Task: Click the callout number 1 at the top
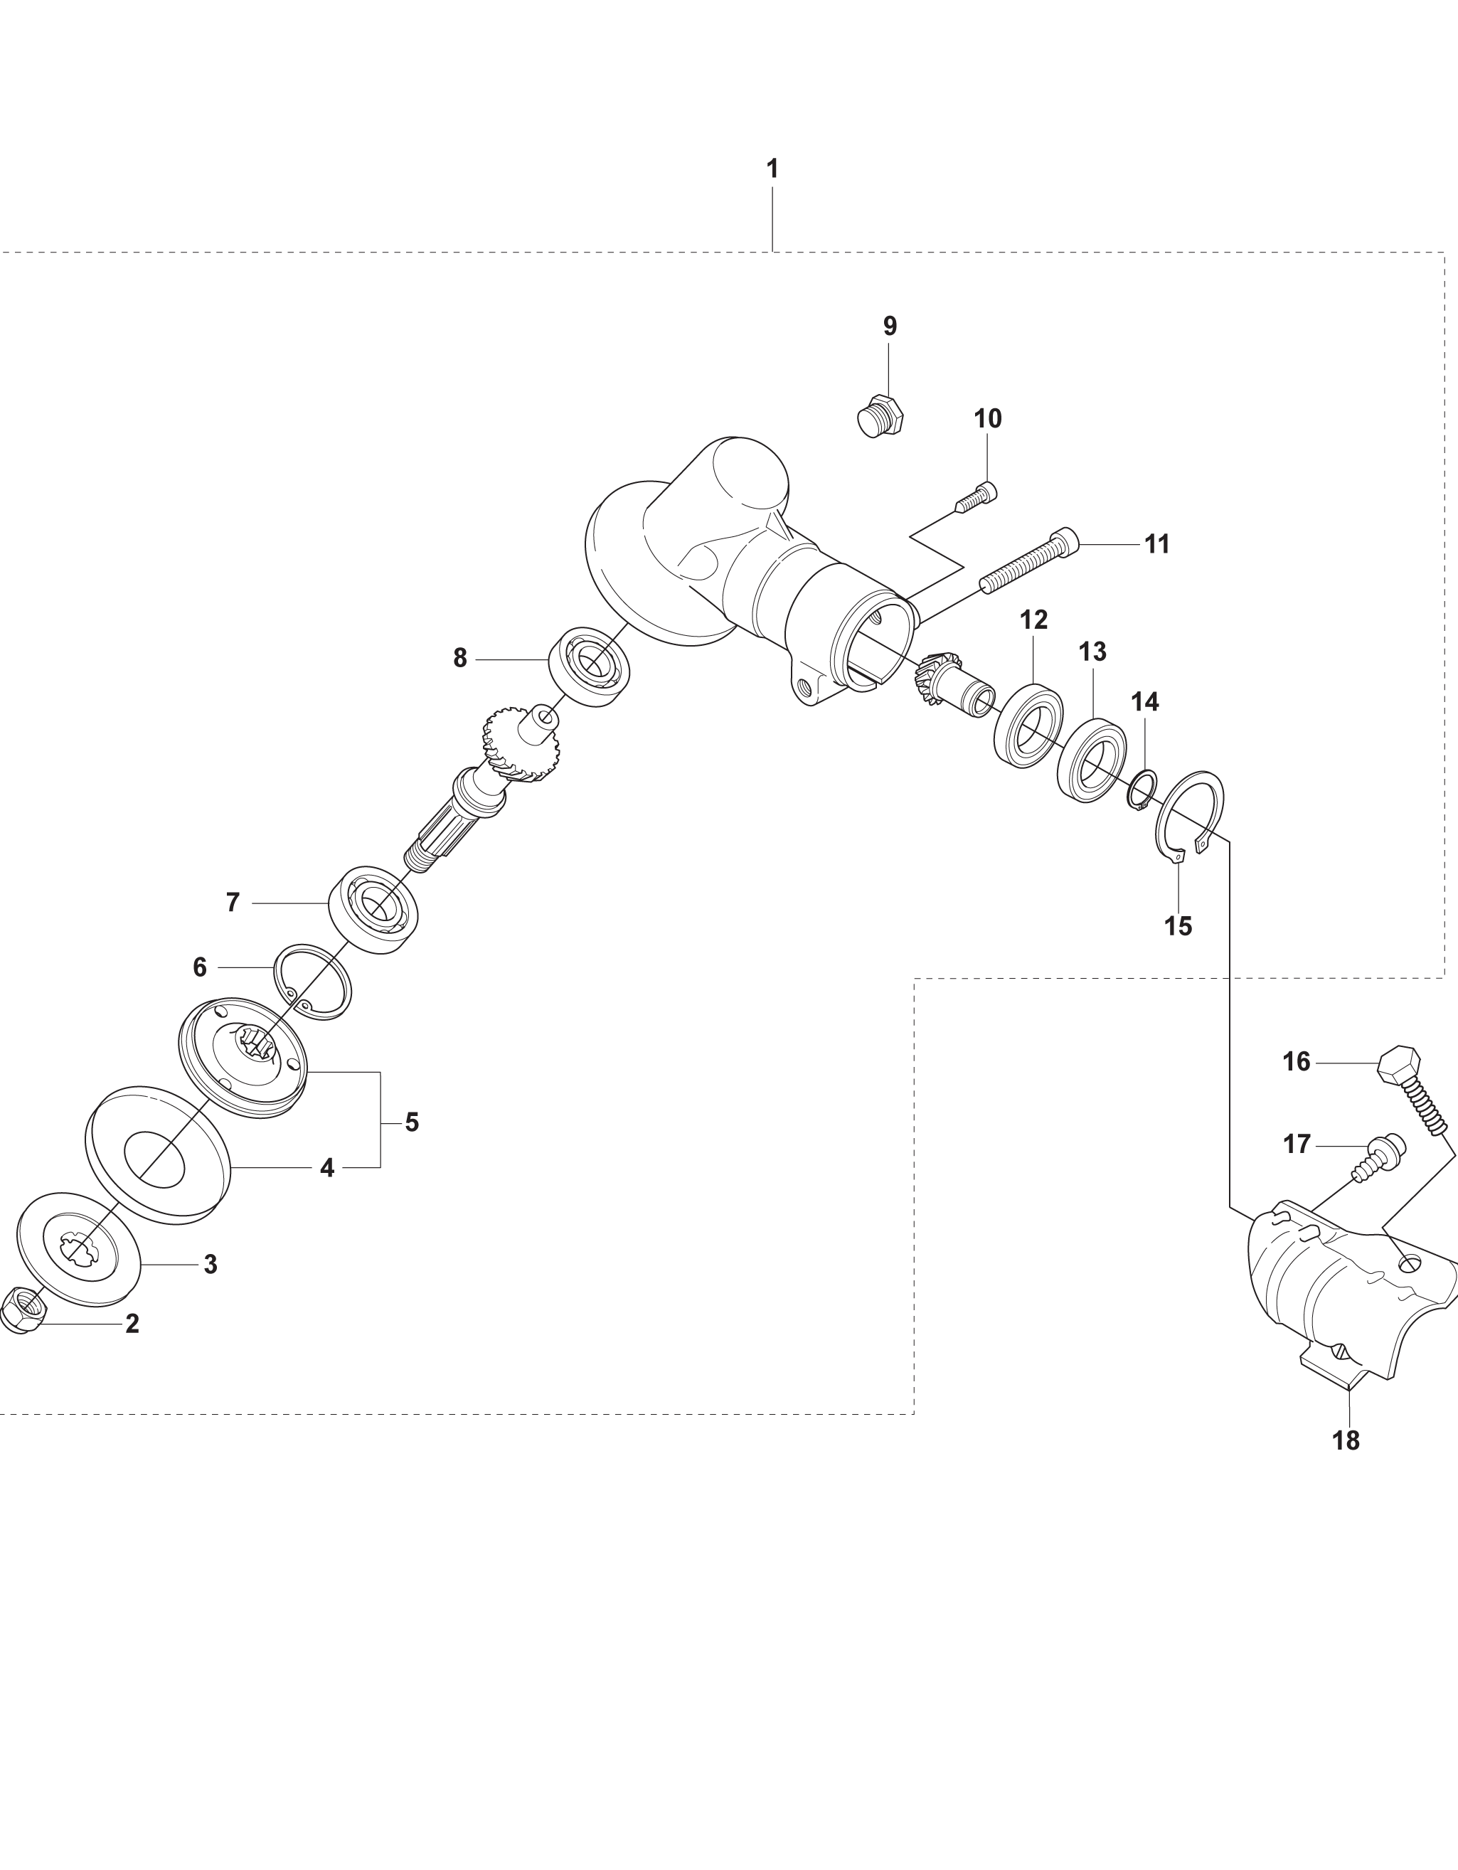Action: [x=772, y=169]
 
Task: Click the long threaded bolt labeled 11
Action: [x=1029, y=561]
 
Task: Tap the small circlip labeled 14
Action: [x=1142, y=790]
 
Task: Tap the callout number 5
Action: [x=412, y=1122]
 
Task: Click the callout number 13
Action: [x=1092, y=652]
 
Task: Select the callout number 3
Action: [x=211, y=1264]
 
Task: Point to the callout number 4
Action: [x=327, y=1167]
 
